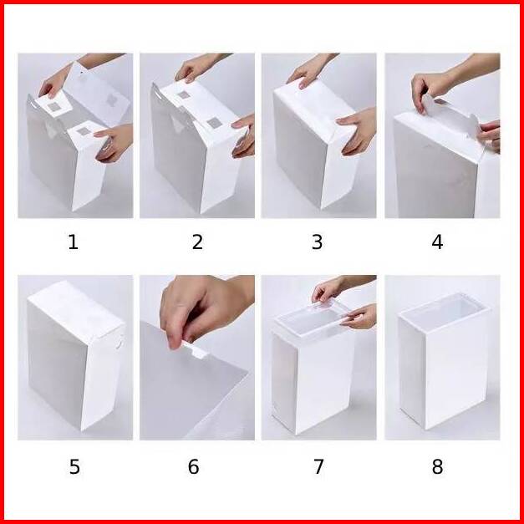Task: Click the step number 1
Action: click(x=74, y=242)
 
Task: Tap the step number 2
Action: click(x=197, y=242)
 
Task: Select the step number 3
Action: click(x=317, y=242)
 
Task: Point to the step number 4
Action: click(x=437, y=242)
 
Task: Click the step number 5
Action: click(x=74, y=466)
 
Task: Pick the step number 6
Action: click(x=194, y=466)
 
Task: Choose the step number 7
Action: click(x=318, y=466)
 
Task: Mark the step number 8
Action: click(x=437, y=466)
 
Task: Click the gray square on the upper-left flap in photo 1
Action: click(x=53, y=107)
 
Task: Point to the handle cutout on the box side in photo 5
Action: click(x=120, y=343)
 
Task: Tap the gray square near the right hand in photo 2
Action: click(x=214, y=123)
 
